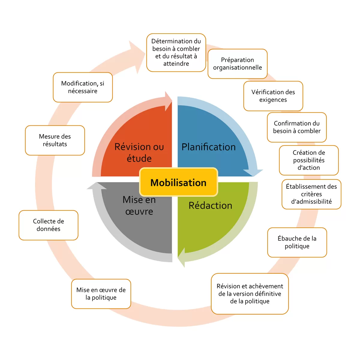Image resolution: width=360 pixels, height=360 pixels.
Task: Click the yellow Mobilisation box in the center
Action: point(178,182)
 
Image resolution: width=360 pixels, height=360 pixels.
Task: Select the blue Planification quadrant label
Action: point(208,147)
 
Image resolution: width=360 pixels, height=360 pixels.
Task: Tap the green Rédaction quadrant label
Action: point(210,205)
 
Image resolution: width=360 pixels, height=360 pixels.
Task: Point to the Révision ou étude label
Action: point(139,152)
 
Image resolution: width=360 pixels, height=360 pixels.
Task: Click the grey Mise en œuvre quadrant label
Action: point(139,205)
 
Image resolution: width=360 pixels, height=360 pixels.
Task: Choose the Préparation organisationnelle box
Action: point(237,64)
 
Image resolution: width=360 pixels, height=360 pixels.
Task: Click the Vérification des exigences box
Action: point(273,96)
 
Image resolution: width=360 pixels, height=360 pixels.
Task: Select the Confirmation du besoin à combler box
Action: point(297,127)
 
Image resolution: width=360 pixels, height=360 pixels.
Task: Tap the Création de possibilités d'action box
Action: point(309,160)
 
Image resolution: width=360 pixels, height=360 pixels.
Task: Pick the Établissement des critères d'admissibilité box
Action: point(311,194)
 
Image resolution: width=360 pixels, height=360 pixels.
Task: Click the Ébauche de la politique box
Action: point(297,242)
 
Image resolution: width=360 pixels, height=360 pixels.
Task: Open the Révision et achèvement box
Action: point(250,294)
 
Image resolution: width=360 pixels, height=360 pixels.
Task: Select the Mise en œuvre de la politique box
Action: point(101,294)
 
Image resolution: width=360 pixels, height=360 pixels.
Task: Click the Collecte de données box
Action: point(48,225)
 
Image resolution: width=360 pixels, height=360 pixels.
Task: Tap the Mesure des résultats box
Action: point(55,140)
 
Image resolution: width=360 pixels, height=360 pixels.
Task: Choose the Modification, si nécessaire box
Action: point(82,87)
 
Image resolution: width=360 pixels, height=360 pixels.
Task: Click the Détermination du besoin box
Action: point(176,52)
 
